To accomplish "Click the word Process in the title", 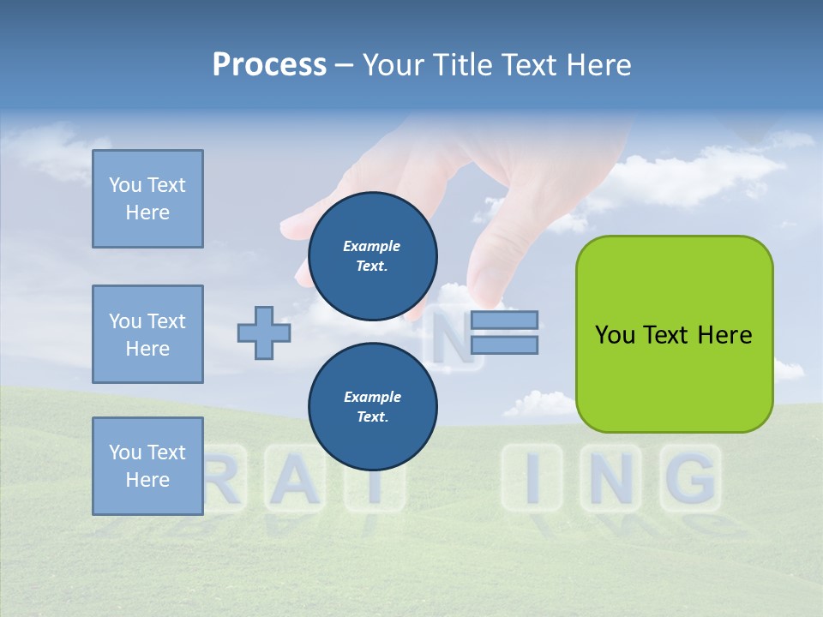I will click(269, 64).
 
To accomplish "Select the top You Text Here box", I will click(147, 199).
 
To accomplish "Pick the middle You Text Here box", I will click(147, 334).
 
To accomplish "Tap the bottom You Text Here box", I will click(147, 466).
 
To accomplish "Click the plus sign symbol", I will click(264, 332).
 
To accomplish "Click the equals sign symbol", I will click(504, 332).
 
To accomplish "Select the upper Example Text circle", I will click(372, 255).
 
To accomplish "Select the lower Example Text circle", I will click(372, 406).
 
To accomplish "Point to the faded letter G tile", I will click(691, 478).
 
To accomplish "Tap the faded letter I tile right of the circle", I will click(532, 478).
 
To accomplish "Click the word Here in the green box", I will click(725, 334).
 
